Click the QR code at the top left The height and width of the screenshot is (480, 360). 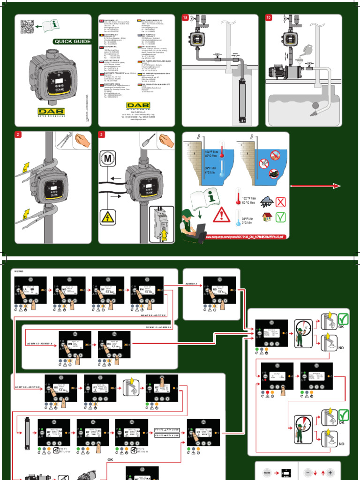(x=28, y=28)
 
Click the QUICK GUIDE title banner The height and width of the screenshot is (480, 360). (x=72, y=41)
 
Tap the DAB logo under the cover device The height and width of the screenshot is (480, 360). (x=52, y=112)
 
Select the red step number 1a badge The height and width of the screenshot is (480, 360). (x=185, y=18)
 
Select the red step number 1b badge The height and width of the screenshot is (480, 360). (x=269, y=18)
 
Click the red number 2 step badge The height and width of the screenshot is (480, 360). (x=18, y=135)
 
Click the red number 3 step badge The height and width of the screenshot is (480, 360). (x=102, y=135)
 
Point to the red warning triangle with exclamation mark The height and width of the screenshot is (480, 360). (x=221, y=215)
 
